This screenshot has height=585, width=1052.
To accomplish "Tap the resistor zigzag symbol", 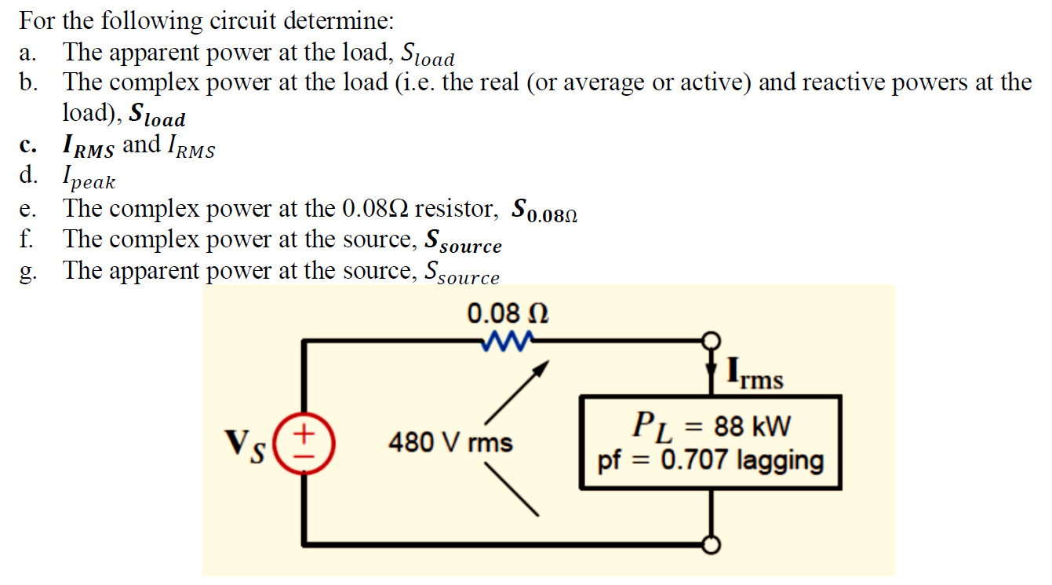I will (x=507, y=340).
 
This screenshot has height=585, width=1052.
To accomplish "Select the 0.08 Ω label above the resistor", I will (x=507, y=314).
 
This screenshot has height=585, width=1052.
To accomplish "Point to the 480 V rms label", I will (x=450, y=443).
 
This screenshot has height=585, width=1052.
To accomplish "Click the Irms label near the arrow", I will (x=755, y=374).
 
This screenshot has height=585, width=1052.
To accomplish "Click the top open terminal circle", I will (x=712, y=341).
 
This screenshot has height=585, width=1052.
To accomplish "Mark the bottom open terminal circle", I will (x=712, y=543).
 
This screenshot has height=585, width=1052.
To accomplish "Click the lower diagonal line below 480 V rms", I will (x=511, y=490).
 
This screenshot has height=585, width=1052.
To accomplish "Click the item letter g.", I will (x=28, y=272).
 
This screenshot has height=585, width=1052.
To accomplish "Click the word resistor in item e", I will (x=455, y=209).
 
